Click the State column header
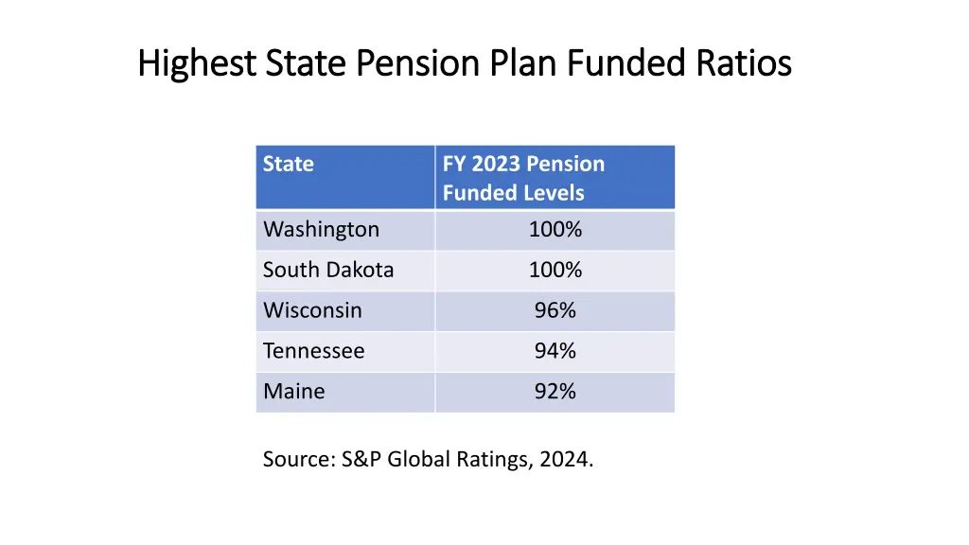coord(288,164)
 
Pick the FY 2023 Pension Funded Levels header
coord(522,178)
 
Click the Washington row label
coord(321,230)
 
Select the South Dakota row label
coord(327,271)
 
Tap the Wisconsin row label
coord(312,311)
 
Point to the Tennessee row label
coord(313,352)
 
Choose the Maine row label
coord(293,392)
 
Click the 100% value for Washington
coord(555,230)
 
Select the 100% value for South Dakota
coord(555,271)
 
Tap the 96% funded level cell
coord(555,311)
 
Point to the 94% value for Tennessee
coord(555,352)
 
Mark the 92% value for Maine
coord(555,392)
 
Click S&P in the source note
coord(362,461)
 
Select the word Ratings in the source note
coord(501,461)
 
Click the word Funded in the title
coord(625,63)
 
